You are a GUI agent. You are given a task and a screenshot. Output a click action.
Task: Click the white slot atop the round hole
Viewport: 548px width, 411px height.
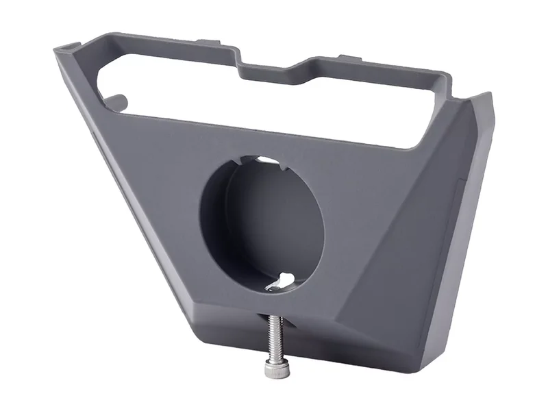[x=269, y=162]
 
